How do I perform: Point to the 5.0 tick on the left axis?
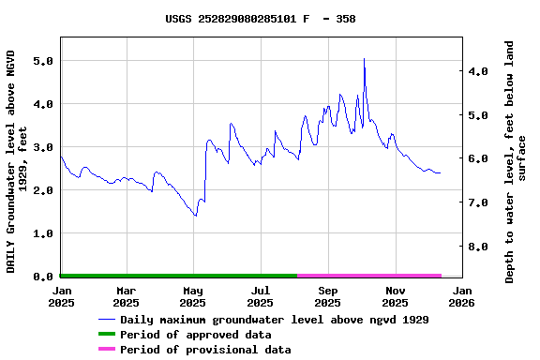point(41,61)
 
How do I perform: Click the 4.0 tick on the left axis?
point(41,104)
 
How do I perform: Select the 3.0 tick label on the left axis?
point(41,147)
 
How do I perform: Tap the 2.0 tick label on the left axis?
point(41,190)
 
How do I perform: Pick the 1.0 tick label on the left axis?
point(41,233)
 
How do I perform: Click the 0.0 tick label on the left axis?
point(41,277)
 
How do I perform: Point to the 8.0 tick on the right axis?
point(479,247)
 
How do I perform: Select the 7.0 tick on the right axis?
point(479,202)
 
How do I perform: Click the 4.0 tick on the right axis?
point(479,71)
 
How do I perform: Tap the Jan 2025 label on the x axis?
point(61,296)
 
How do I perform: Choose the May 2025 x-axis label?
point(193,296)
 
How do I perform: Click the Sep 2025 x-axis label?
point(327,296)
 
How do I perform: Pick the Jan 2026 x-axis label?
point(461,296)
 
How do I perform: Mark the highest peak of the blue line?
point(364,59)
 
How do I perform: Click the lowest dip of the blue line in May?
point(195,216)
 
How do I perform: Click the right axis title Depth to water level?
point(516,161)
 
